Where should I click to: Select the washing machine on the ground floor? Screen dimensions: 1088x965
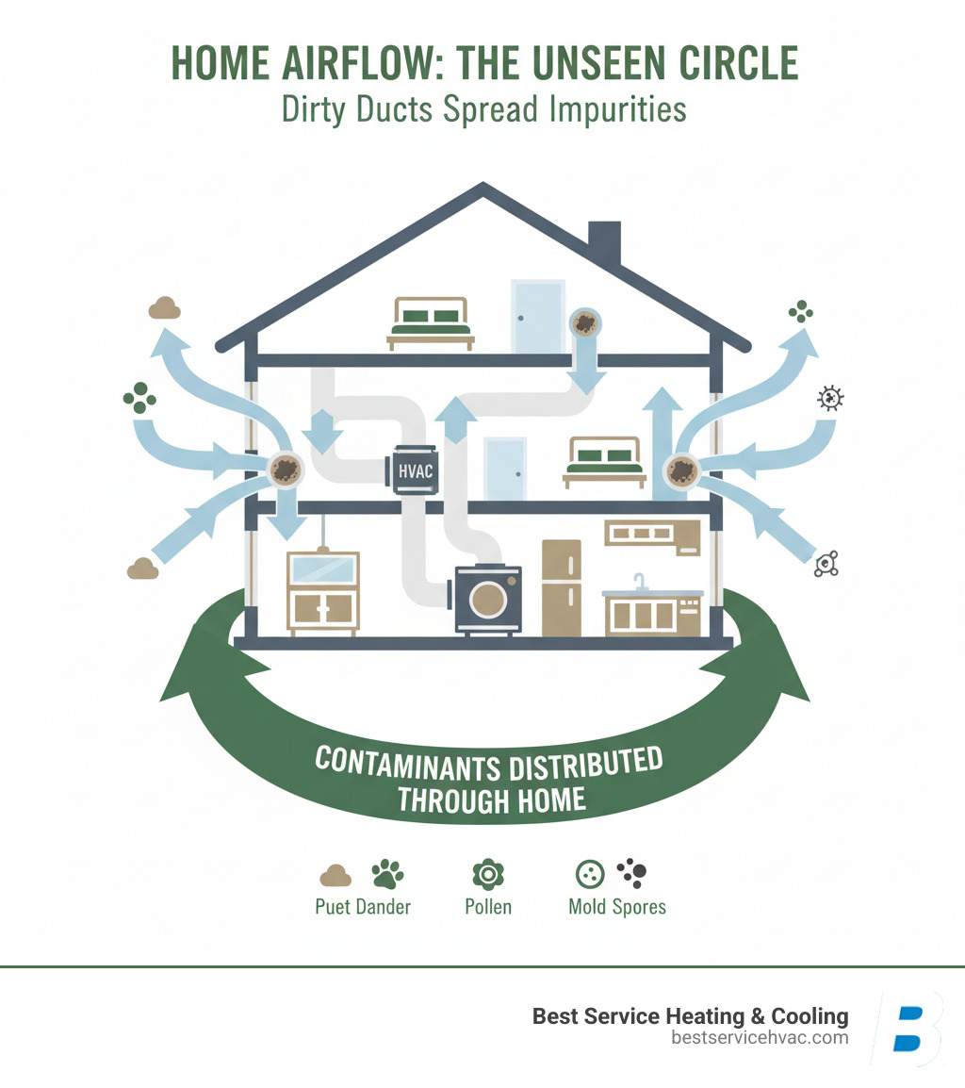point(487,598)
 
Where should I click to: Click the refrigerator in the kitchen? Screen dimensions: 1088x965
point(561,587)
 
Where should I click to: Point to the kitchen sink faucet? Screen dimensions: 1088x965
point(640,579)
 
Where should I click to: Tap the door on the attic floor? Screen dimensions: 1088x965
point(537,316)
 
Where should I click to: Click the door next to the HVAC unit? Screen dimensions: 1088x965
point(504,468)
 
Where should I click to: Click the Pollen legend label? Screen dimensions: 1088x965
point(488,907)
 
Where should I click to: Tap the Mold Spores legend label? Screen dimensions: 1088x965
point(617,907)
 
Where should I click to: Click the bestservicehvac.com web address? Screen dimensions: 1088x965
point(760,1038)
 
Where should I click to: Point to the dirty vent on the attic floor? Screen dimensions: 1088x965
point(585,323)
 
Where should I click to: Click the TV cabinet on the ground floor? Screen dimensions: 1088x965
point(322,592)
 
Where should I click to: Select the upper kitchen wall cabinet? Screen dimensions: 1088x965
point(651,536)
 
